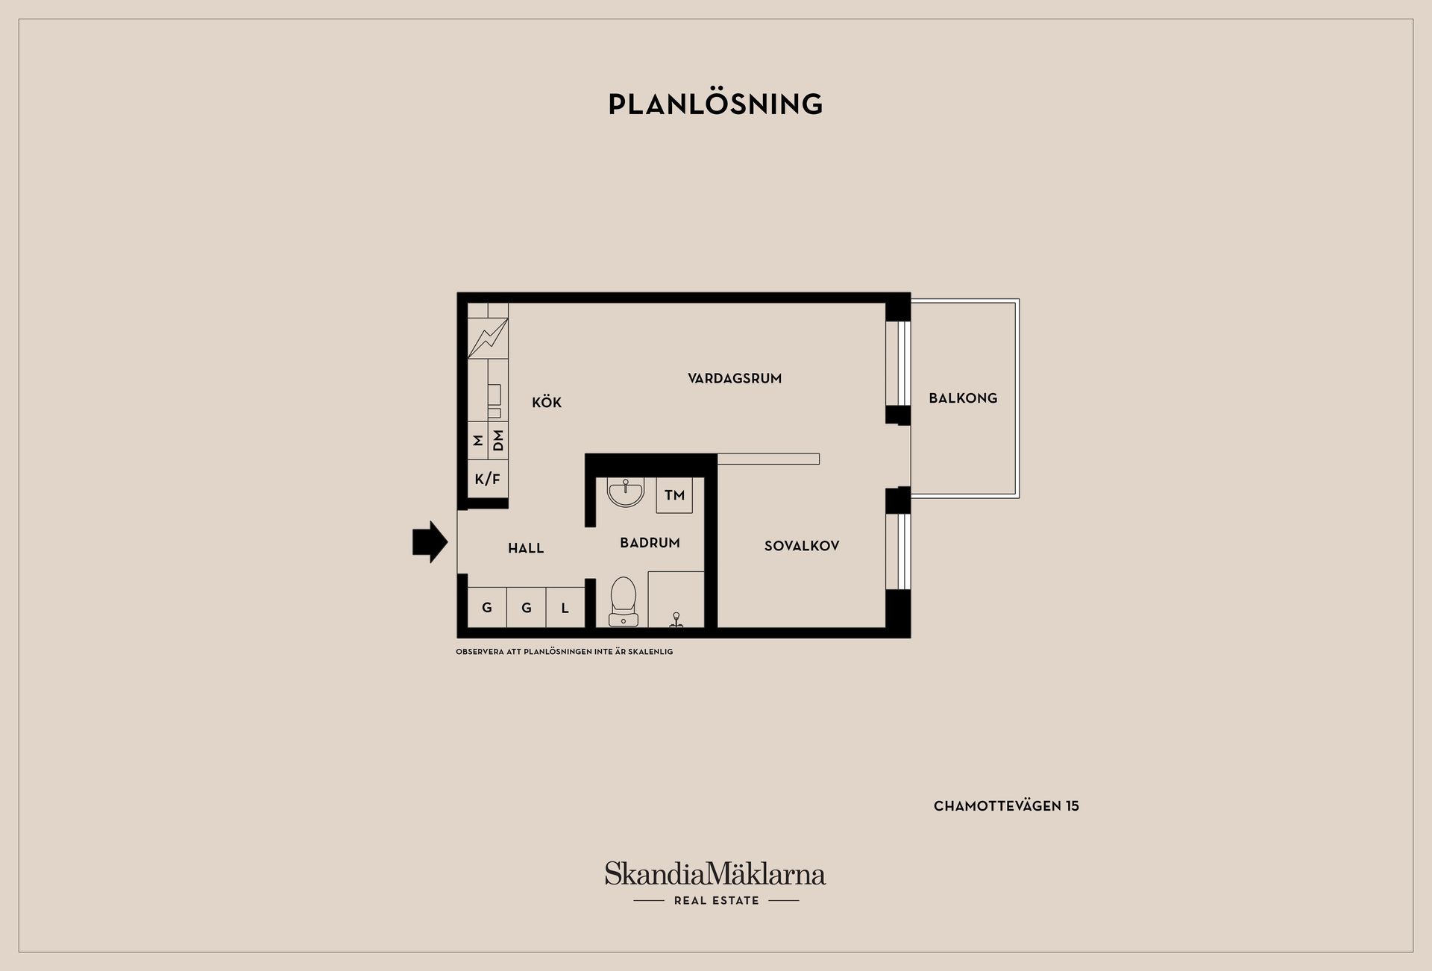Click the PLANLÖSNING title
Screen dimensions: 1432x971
(715, 104)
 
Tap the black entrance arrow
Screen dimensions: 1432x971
(430, 541)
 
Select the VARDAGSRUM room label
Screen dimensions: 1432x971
(735, 378)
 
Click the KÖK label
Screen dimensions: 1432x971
(547, 402)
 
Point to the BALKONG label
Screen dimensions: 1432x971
(963, 398)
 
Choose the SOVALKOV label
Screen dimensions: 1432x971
(802, 546)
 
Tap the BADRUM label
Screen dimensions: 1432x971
(650, 543)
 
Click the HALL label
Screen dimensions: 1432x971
(526, 548)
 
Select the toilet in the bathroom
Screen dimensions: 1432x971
(623, 602)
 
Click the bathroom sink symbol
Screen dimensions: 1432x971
(625, 492)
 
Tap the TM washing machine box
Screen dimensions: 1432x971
(674, 495)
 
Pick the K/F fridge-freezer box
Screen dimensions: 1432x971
(488, 479)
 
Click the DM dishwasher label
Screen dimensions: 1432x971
(498, 441)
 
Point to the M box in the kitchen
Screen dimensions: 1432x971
(478, 441)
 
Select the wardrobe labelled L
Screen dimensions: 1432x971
(565, 607)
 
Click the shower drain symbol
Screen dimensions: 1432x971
(676, 620)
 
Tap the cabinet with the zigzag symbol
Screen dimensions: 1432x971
(488, 338)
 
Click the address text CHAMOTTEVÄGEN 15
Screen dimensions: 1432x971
(1006, 806)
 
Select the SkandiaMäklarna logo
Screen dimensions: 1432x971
(715, 873)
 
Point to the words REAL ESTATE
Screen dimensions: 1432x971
(717, 901)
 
